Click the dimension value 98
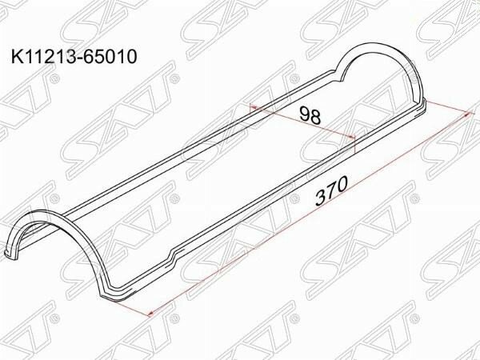pos(310,115)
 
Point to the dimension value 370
pos(331,190)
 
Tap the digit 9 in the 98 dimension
pos(305,114)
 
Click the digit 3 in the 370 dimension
pos(322,198)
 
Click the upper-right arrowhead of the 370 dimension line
pos(467,114)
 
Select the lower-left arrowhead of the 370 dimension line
pos(150,313)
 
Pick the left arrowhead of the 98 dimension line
pos(254,107)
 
